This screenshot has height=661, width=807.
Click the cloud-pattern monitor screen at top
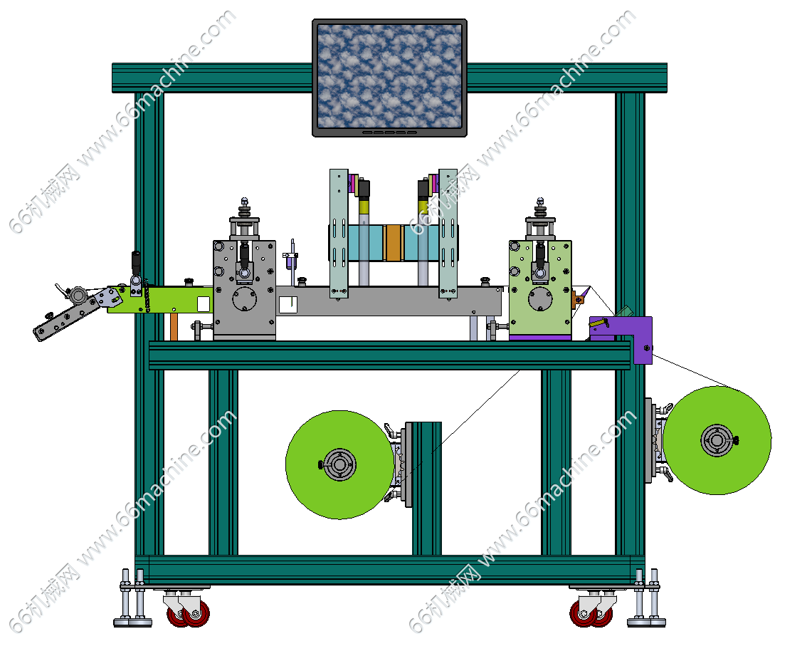pyautogui.click(x=389, y=76)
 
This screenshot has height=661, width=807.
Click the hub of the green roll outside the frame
pyautogui.click(x=717, y=440)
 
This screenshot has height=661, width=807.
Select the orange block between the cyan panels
pyautogui.click(x=394, y=243)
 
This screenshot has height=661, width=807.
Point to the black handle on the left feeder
pyautogui.click(x=136, y=263)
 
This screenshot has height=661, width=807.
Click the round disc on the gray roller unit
pyautogui.click(x=245, y=298)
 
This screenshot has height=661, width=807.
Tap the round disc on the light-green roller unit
pyautogui.click(x=540, y=298)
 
